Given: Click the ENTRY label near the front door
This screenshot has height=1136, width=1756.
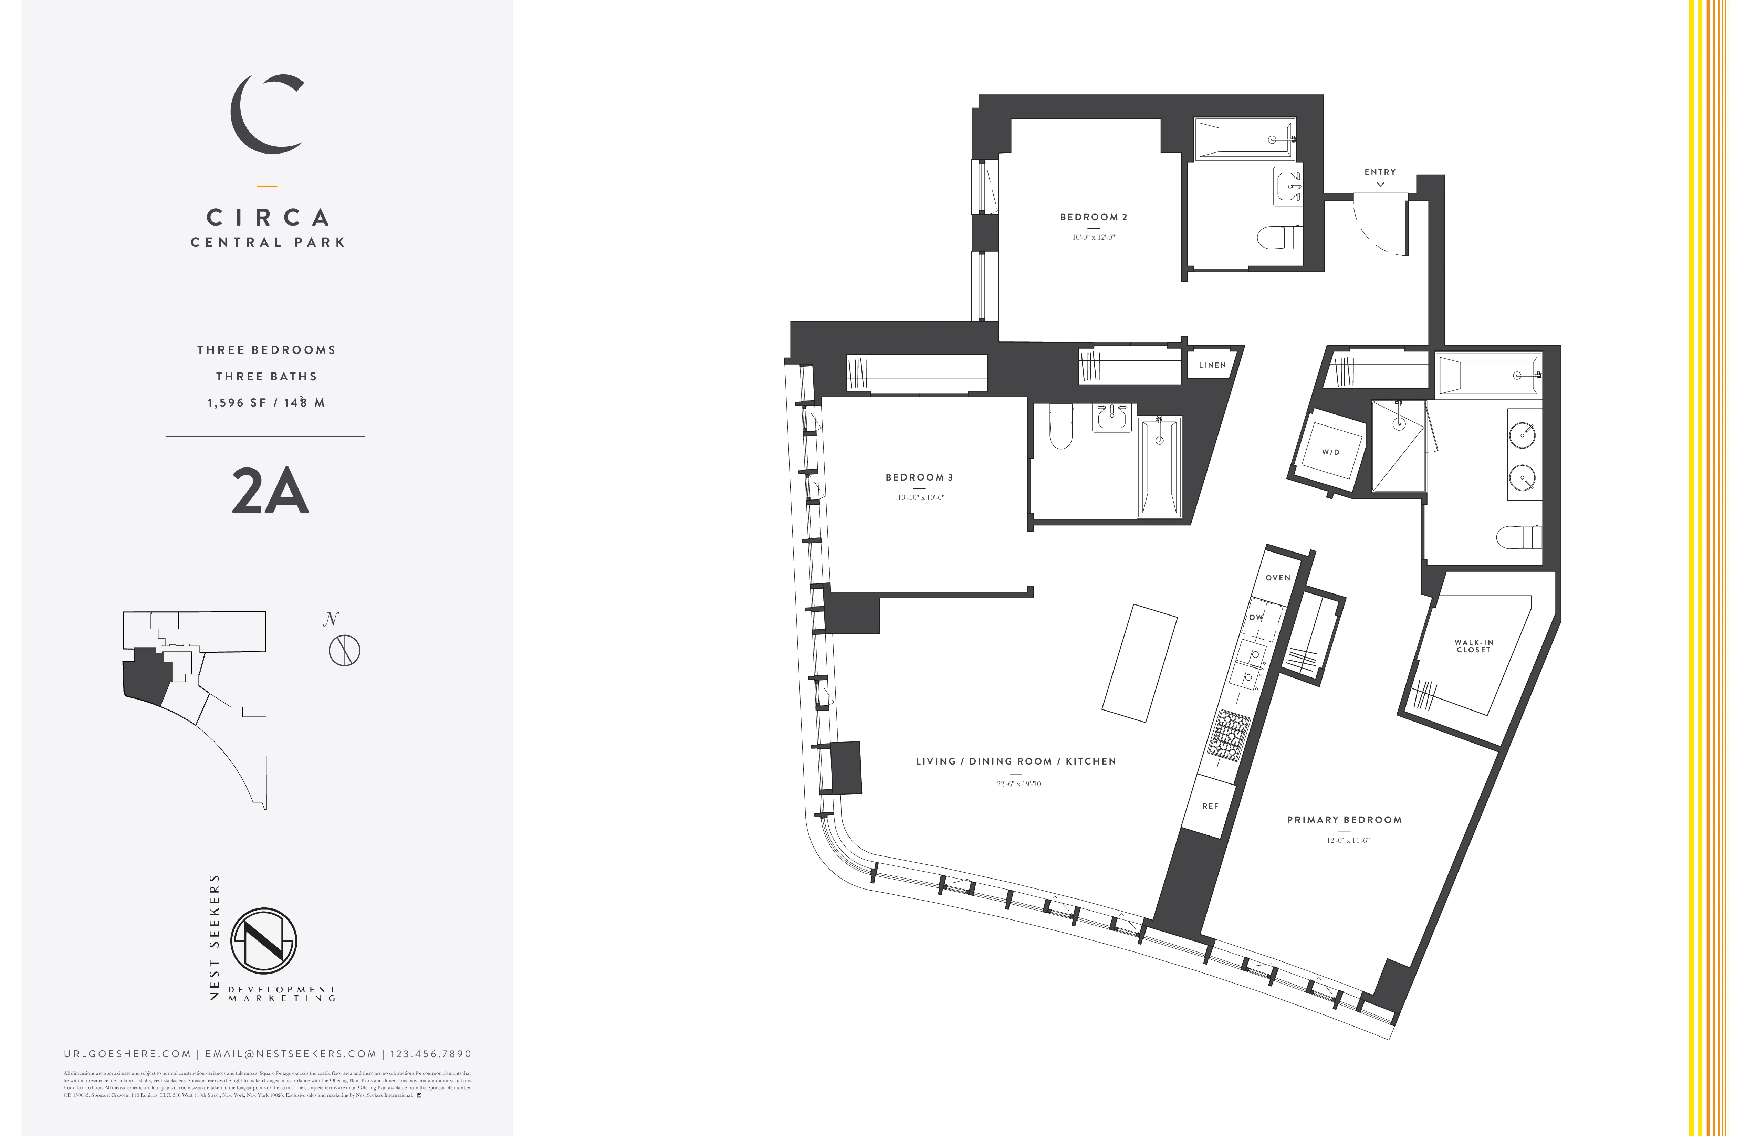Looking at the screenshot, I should coord(1380,172).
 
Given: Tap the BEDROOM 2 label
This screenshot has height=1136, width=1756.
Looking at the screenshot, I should coord(1094,217).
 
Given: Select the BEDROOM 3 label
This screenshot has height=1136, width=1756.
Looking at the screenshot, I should coord(919,477).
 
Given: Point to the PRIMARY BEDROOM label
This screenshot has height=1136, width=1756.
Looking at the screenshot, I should coord(1344,820).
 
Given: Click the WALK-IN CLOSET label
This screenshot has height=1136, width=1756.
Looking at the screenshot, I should coord(1473,646).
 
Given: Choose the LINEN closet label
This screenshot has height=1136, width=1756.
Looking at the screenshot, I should coord(1212,365).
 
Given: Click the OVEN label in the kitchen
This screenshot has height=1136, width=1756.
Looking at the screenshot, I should coord(1278,578).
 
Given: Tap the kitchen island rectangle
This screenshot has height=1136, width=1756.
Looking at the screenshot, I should coord(1140,662).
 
